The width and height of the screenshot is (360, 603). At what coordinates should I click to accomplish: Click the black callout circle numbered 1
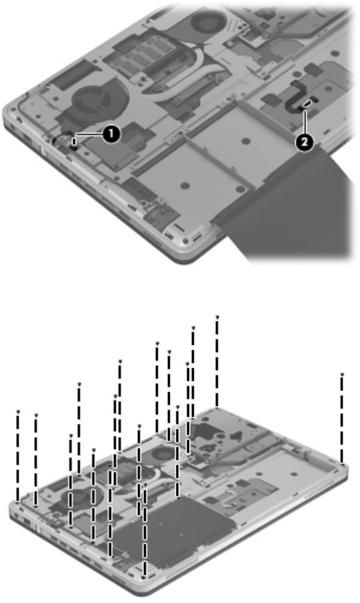111,134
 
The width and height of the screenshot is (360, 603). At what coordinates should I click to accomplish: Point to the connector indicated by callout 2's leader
307,103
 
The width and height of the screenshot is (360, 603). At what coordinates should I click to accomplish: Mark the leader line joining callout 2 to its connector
304,121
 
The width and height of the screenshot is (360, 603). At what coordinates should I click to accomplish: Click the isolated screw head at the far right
342,374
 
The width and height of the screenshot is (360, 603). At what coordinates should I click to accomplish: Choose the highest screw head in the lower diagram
217,317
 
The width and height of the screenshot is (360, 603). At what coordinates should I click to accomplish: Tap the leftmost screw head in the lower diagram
18,412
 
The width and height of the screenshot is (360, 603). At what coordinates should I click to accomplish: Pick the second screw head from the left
36,415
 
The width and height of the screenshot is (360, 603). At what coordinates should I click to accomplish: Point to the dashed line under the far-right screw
342,419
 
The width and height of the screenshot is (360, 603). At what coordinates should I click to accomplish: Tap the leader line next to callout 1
89,134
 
